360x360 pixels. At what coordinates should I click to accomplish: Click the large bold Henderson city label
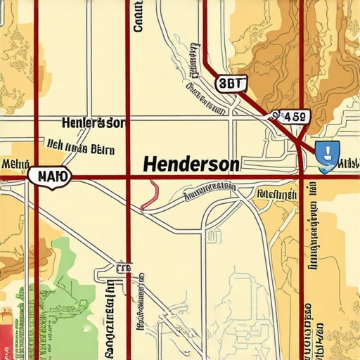[191, 164]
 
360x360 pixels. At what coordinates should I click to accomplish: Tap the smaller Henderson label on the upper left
[93, 124]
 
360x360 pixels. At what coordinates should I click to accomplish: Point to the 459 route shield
[289, 117]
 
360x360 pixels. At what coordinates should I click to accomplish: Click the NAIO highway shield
[49, 176]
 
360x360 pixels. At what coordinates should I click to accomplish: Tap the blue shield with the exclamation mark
[327, 155]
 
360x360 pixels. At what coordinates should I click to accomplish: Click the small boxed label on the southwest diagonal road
[123, 268]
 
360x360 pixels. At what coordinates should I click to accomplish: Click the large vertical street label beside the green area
[110, 316]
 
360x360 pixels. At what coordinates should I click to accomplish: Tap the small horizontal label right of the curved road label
[276, 193]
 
